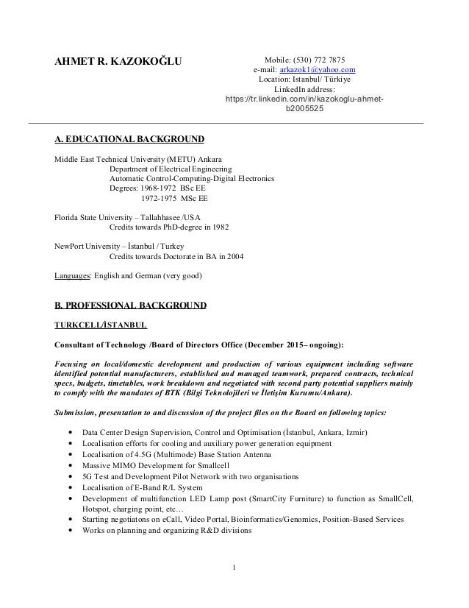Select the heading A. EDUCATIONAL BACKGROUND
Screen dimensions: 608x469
coord(130,139)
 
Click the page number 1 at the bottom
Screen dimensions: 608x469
coord(234,567)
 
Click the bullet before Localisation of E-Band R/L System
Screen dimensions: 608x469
coord(69,487)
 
